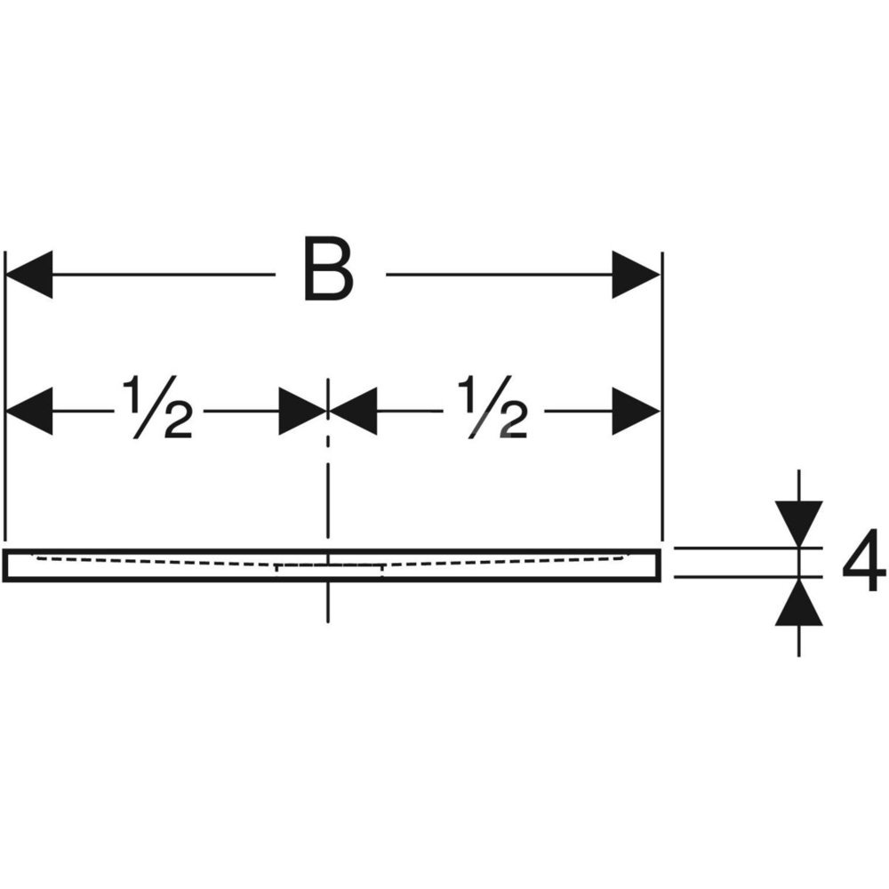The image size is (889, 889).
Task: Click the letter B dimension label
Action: [x=328, y=268]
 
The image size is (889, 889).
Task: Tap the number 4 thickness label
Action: [x=862, y=561]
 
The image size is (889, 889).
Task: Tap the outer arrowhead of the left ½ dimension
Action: [x=29, y=412]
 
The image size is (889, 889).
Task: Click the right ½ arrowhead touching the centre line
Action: [x=354, y=412]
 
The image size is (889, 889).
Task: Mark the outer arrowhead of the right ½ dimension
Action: [x=636, y=412]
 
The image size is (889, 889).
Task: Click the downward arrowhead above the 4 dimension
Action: [x=798, y=520]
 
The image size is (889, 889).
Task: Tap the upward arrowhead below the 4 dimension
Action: [x=798, y=604]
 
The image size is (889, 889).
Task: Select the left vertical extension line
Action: [x=6, y=462]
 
